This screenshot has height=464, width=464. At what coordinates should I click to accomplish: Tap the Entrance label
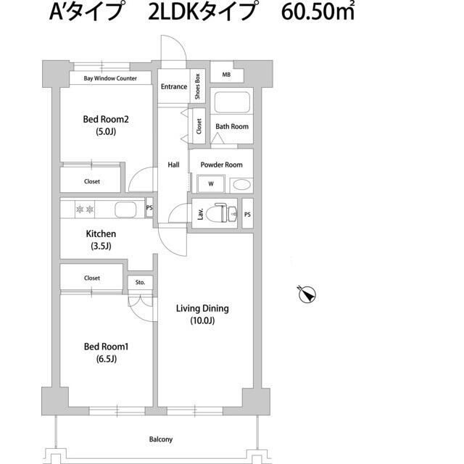[x=174, y=87]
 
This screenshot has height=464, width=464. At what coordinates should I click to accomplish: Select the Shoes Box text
[x=197, y=87]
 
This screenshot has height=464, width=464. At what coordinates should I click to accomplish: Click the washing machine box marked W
[x=211, y=184]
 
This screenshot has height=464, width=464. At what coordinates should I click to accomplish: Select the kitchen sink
[x=125, y=210]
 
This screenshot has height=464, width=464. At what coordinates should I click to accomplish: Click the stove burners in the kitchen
[x=84, y=210]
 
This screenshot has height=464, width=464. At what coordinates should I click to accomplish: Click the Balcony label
[x=161, y=439]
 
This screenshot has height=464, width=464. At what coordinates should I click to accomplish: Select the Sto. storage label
[x=140, y=282]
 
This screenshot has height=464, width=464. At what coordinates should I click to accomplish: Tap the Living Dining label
[x=202, y=308]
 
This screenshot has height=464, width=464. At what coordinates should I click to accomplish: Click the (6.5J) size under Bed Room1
[x=105, y=359]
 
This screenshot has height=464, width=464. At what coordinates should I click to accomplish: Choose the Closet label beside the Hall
[x=198, y=124]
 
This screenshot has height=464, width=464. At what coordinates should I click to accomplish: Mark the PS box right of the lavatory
[x=247, y=214]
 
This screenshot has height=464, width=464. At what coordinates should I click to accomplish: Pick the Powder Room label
[x=221, y=165]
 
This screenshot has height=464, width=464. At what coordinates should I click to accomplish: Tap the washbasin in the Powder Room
[x=241, y=184]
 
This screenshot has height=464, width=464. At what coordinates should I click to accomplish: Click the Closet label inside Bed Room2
[x=92, y=181]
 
